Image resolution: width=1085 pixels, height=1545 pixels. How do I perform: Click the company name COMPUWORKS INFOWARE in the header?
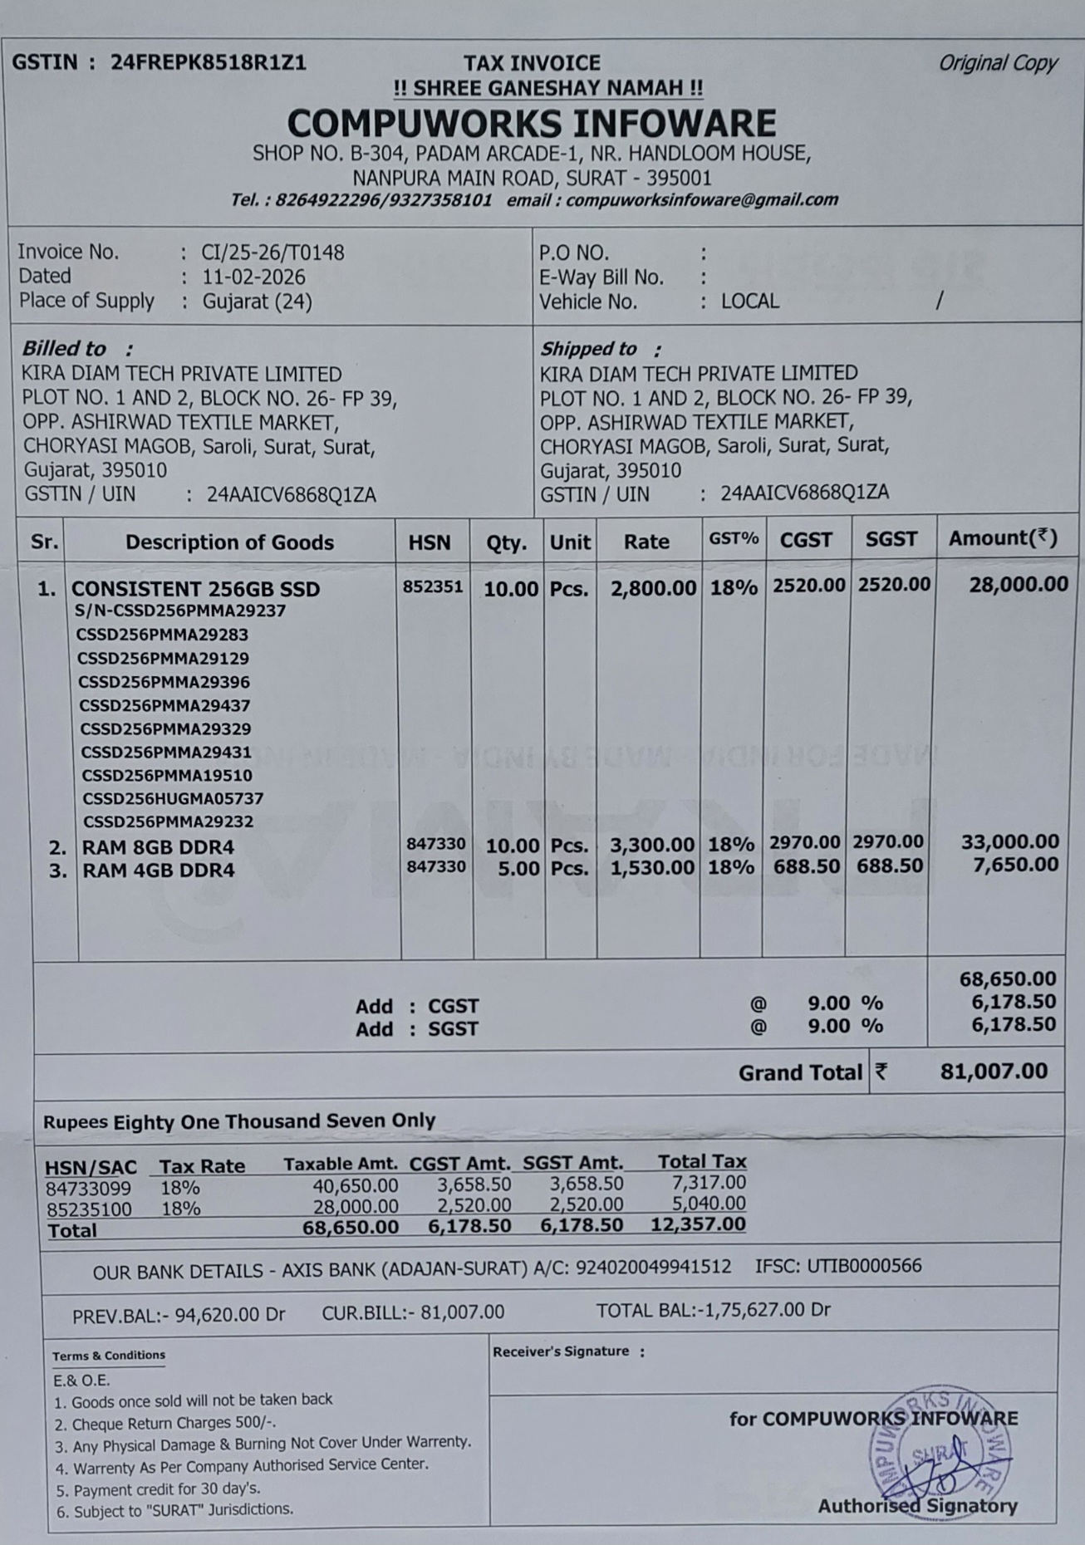click(x=532, y=124)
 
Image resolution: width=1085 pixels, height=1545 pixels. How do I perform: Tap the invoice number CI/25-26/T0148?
click(x=272, y=253)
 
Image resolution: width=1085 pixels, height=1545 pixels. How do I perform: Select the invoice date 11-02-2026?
click(x=253, y=277)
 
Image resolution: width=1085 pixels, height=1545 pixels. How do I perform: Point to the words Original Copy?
click(x=997, y=63)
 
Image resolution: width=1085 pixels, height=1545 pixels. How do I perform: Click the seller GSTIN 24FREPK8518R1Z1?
click(x=209, y=63)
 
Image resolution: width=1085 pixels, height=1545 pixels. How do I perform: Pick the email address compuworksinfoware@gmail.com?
click(x=702, y=200)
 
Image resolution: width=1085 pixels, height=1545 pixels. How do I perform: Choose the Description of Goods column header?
click(x=229, y=542)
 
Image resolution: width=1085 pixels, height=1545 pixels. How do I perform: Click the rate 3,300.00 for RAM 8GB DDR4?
click(x=652, y=846)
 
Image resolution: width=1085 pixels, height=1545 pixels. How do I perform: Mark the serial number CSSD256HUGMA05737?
click(x=173, y=798)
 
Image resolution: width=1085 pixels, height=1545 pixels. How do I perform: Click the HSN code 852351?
click(x=433, y=586)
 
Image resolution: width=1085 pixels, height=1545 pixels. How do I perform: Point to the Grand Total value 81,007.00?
click(x=994, y=1072)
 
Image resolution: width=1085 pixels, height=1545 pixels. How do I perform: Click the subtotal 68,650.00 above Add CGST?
click(x=1007, y=979)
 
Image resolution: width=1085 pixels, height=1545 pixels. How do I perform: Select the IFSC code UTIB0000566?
click(x=864, y=1266)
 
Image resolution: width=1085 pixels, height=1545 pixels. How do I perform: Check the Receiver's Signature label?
click(x=561, y=1351)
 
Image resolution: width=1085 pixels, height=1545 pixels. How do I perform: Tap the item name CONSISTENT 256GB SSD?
click(x=195, y=589)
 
